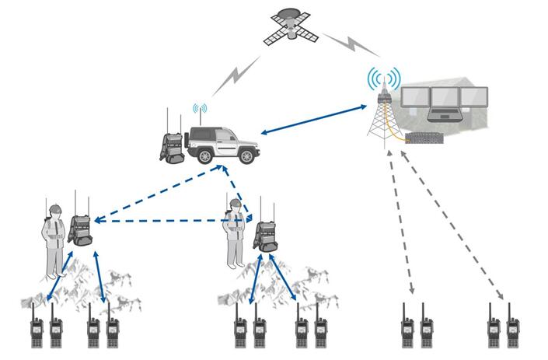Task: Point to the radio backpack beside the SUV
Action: [x=172, y=145]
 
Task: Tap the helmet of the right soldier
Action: [x=235, y=204]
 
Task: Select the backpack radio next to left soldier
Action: [x=80, y=229]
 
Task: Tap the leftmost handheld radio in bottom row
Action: [x=36, y=331]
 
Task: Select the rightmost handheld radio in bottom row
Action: [x=512, y=331]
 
